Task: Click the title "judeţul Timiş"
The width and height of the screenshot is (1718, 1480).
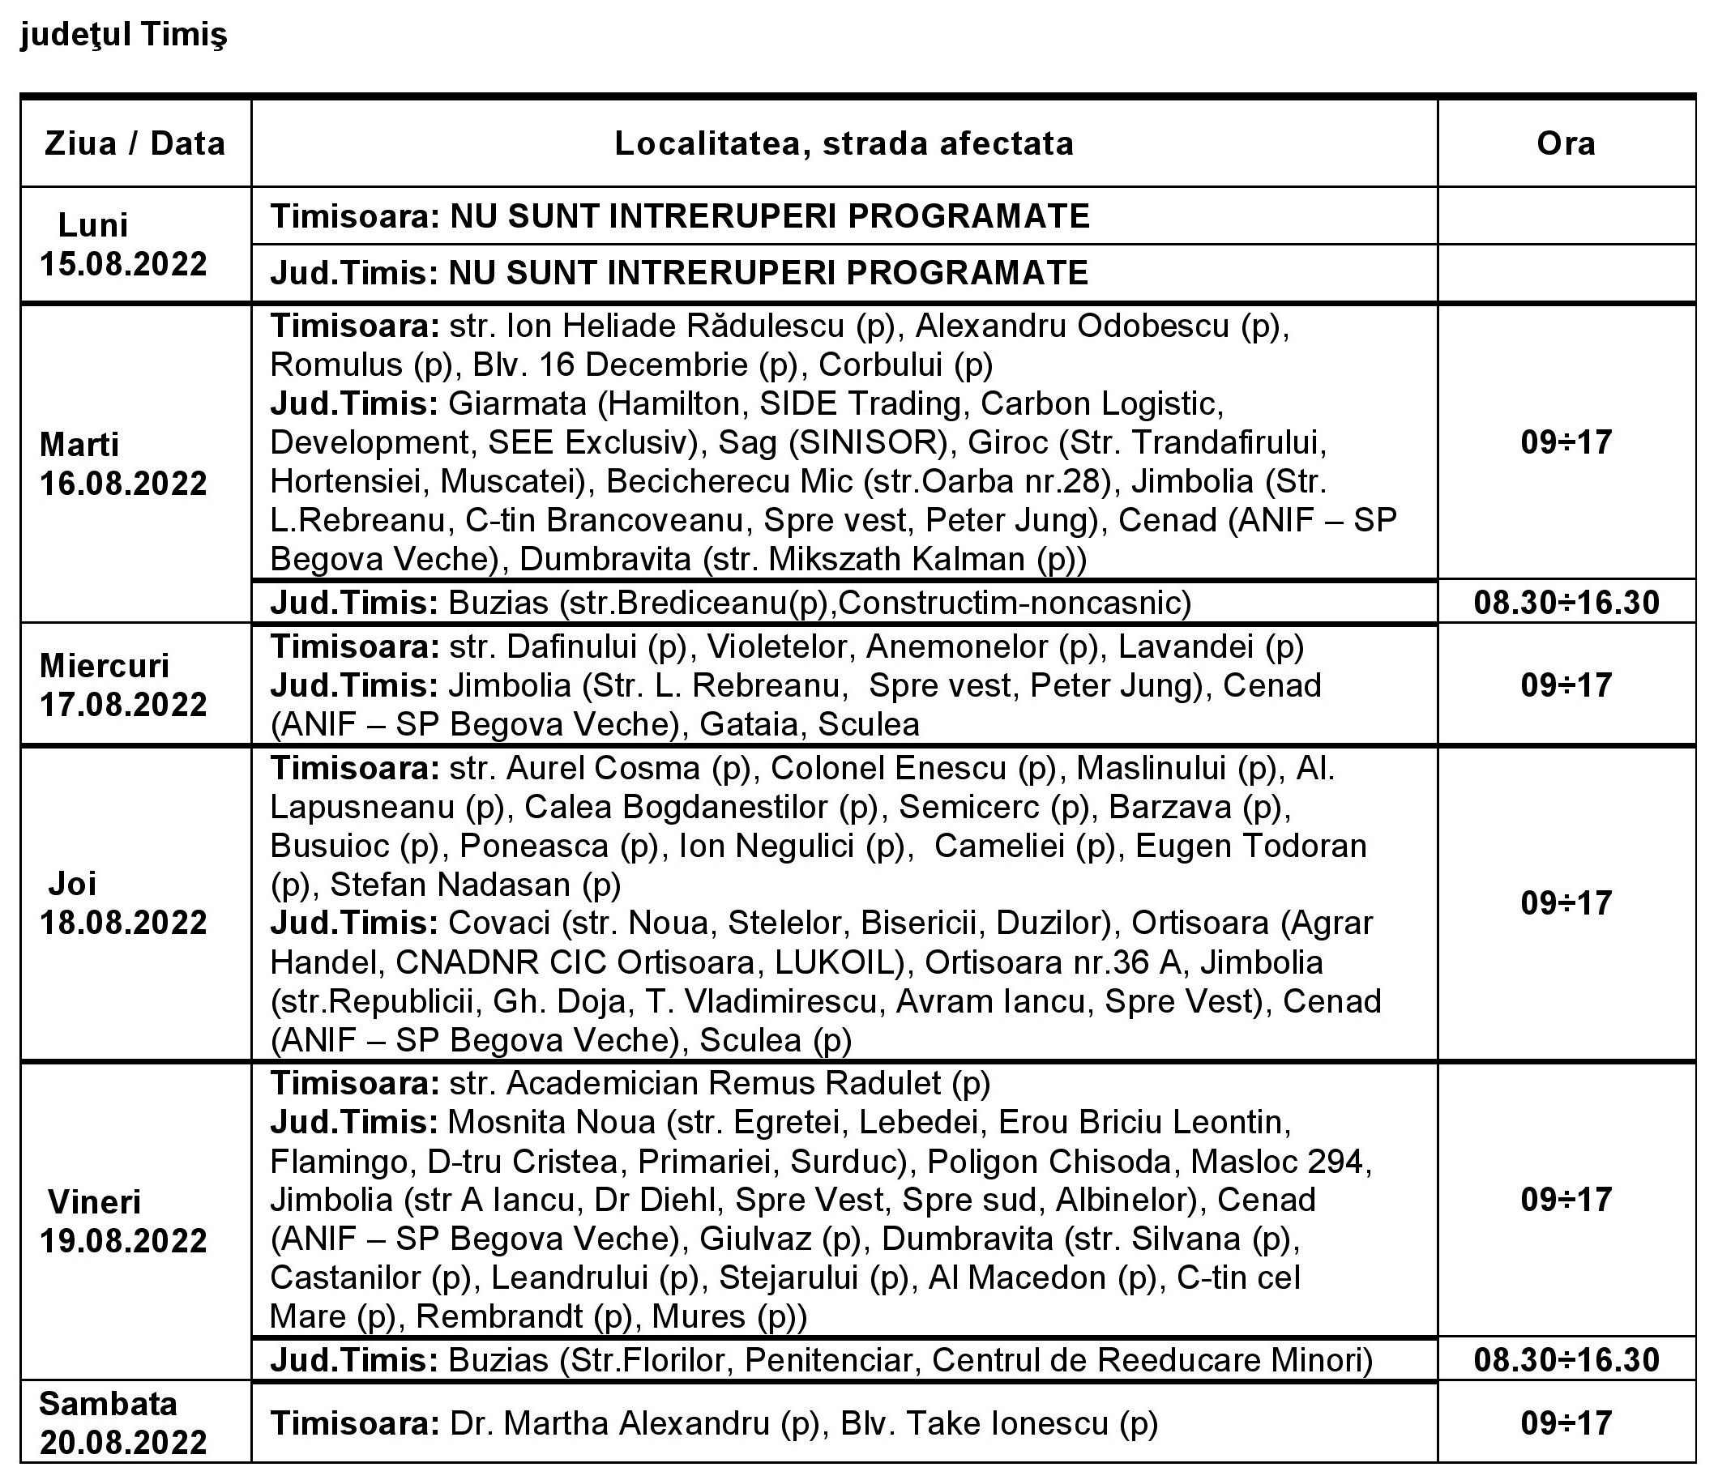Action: [123, 36]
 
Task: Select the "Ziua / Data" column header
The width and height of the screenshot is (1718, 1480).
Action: [135, 143]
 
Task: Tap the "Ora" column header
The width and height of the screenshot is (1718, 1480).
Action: [1566, 143]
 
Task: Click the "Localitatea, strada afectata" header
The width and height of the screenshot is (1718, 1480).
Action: [844, 143]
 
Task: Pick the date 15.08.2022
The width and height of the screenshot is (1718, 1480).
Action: [123, 264]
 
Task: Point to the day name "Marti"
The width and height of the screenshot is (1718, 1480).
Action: [79, 445]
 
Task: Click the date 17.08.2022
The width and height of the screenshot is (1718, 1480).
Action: [123, 705]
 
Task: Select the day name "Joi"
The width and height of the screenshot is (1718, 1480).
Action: [72, 884]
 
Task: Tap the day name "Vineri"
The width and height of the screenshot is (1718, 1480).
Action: [94, 1201]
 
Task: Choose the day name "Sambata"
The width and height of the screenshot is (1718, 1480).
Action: [108, 1404]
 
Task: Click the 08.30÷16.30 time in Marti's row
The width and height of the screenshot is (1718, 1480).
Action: [1566, 603]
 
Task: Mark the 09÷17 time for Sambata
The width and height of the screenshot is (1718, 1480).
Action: [1566, 1422]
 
